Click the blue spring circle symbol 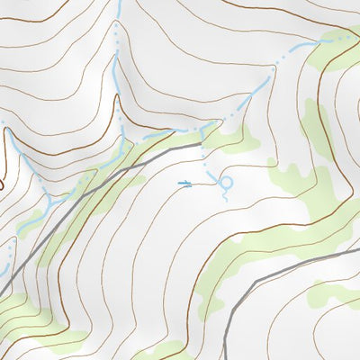226,183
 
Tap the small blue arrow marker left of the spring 186,184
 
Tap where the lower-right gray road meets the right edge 358,251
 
